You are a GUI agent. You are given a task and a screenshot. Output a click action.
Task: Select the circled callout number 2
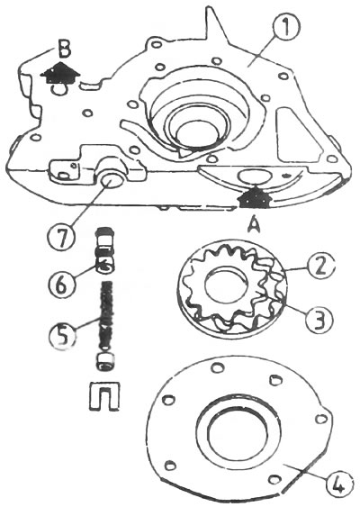coord(320,267)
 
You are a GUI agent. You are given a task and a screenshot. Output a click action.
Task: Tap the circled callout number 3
coord(319,319)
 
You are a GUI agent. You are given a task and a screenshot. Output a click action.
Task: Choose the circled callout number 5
coord(62,336)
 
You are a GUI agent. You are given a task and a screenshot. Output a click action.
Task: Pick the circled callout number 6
coord(62,285)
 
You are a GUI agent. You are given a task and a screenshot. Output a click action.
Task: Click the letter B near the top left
coord(65,50)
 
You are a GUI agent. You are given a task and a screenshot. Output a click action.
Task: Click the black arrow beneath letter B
coord(60,73)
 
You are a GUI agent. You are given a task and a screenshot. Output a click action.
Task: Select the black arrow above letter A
coord(254,197)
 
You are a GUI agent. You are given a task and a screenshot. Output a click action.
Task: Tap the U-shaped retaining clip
coord(104,396)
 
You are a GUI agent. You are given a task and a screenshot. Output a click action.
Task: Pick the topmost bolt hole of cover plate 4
coord(217,367)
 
